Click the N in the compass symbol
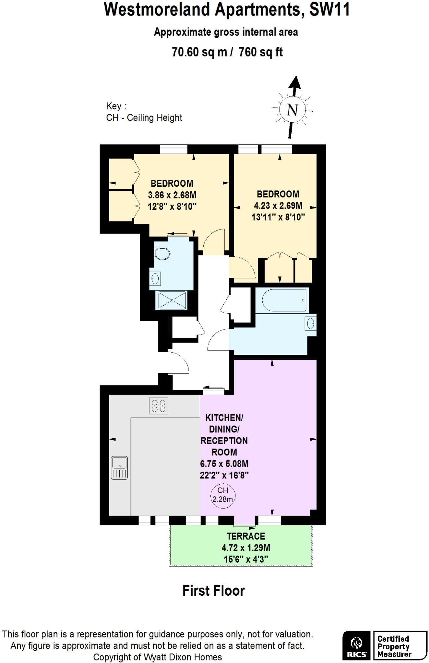click(x=292, y=110)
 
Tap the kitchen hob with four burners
click(x=158, y=406)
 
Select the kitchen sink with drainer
click(x=119, y=468)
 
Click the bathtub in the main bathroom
click(x=284, y=300)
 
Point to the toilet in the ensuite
click(x=162, y=254)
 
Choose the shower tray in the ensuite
click(x=172, y=300)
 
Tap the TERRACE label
click(x=245, y=536)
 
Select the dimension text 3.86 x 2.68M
click(x=172, y=195)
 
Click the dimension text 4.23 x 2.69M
click(x=278, y=206)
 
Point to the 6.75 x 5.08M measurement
click(x=224, y=464)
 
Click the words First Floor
click(x=213, y=591)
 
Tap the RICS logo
click(x=356, y=645)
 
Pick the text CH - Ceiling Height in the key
click(x=144, y=118)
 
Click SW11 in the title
click(x=329, y=10)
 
